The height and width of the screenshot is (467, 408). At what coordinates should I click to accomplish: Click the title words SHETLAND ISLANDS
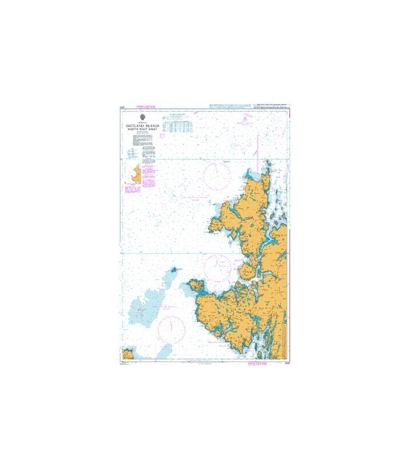pyautogui.click(x=142, y=125)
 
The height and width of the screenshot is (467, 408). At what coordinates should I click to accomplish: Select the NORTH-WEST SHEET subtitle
pyautogui.click(x=142, y=130)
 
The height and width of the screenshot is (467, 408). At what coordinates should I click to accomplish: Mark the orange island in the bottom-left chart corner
pyautogui.click(x=127, y=354)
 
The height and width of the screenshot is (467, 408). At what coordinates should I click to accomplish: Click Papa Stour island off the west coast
pyautogui.click(x=196, y=286)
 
